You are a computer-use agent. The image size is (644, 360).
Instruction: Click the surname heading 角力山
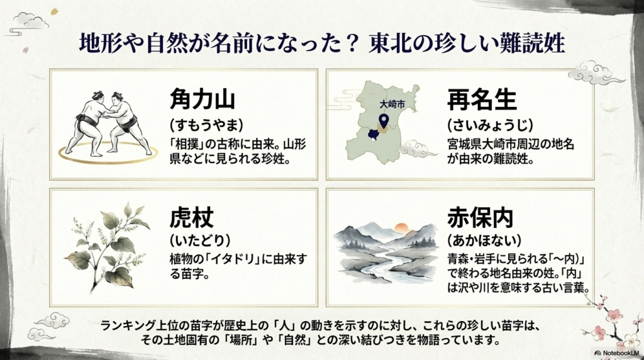tap(203, 99)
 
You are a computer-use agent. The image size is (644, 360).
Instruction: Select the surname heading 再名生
tap(481, 99)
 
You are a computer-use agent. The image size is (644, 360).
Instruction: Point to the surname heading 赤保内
tap(481, 218)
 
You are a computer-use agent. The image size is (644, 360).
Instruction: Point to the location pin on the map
tap(382, 120)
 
